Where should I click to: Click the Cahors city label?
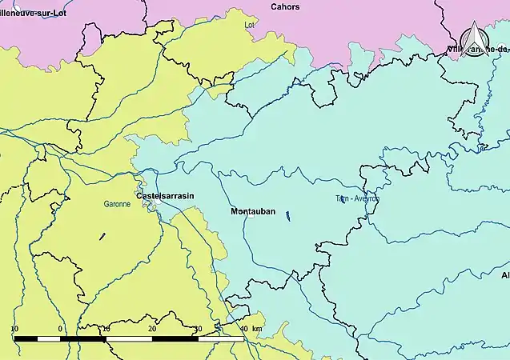click(286, 6)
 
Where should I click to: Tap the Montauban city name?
click(253, 211)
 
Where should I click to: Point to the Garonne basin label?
click(117, 205)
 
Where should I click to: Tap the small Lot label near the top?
click(249, 25)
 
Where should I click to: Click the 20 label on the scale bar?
click(151, 329)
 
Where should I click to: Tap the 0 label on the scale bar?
click(60, 329)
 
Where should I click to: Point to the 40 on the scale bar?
click(243, 329)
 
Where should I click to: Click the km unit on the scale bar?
click(256, 329)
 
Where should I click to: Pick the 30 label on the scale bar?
click(197, 329)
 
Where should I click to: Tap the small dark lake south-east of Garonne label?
click(102, 236)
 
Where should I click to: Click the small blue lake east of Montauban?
click(287, 214)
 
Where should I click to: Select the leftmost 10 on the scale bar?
click(14, 329)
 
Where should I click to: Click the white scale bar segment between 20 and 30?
click(175, 339)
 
